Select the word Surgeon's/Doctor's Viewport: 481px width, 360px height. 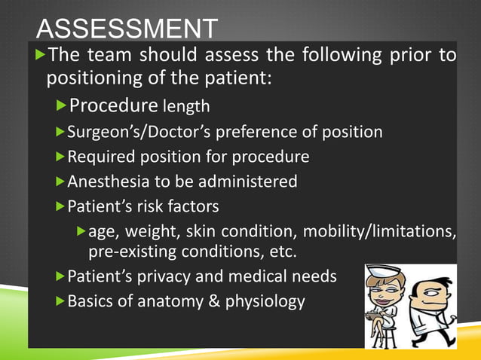tap(133, 132)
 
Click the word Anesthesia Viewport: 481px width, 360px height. tap(104, 182)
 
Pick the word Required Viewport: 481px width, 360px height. tap(97, 157)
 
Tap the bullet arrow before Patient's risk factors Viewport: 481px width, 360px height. tap(60, 206)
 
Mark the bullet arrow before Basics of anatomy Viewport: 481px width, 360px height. tap(60, 302)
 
